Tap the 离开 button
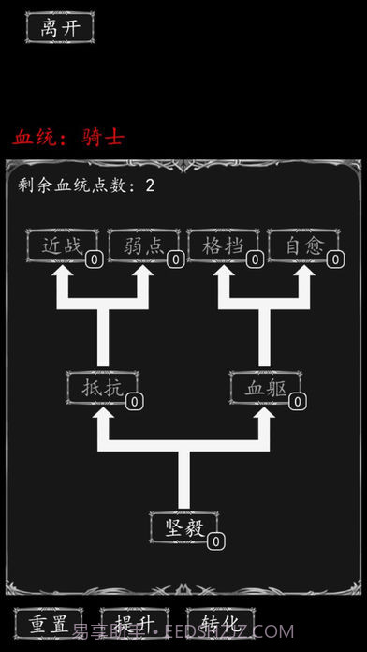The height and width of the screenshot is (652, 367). click(x=60, y=27)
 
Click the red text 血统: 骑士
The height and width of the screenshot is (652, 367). click(x=68, y=137)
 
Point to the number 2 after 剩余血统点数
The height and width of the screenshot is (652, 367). click(x=150, y=185)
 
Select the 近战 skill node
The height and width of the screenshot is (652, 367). click(x=62, y=245)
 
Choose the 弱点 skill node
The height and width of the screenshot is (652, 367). click(x=143, y=245)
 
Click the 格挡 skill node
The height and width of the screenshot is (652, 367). click(x=223, y=245)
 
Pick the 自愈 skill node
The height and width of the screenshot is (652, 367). click(x=303, y=245)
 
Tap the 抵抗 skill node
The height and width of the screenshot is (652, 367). click(x=101, y=386)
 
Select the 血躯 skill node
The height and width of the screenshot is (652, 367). click(x=265, y=386)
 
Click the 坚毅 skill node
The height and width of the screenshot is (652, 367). click(x=183, y=526)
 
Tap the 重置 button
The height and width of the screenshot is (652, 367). click(x=49, y=624)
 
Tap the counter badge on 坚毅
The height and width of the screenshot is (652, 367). click(x=215, y=541)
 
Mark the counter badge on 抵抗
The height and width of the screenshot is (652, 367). click(x=134, y=401)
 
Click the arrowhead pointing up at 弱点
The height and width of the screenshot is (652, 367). click(x=143, y=276)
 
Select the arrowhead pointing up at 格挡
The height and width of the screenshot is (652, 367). click(x=224, y=276)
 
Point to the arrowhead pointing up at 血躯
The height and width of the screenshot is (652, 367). click(x=265, y=417)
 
